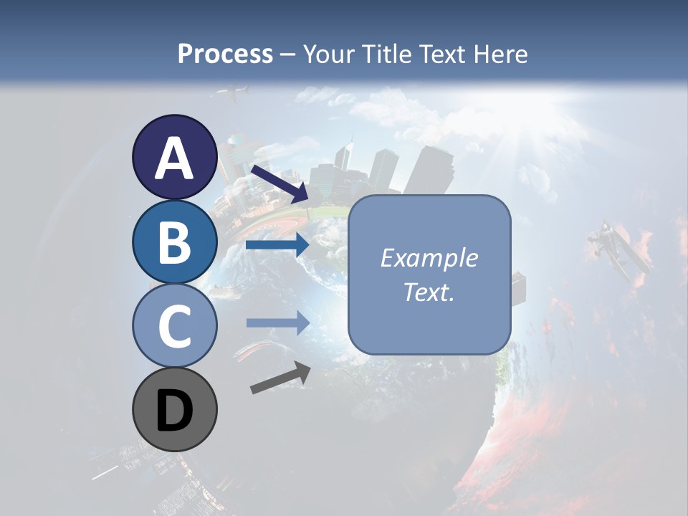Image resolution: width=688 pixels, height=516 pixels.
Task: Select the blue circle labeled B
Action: pyautogui.click(x=174, y=242)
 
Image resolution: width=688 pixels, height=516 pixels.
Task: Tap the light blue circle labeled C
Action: pyautogui.click(x=174, y=326)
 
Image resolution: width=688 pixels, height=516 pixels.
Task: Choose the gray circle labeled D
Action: pyautogui.click(x=174, y=409)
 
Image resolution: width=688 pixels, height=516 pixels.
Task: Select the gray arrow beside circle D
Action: pyautogui.click(x=280, y=378)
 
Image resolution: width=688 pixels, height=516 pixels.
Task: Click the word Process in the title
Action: pyautogui.click(x=225, y=54)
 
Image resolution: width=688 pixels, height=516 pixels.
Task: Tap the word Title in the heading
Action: pyautogui.click(x=386, y=54)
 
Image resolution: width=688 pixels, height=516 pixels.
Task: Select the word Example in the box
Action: pyautogui.click(x=429, y=258)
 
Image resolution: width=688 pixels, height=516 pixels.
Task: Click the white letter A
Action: pyautogui.click(x=174, y=158)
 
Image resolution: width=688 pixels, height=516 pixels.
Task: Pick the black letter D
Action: pyautogui.click(x=174, y=412)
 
